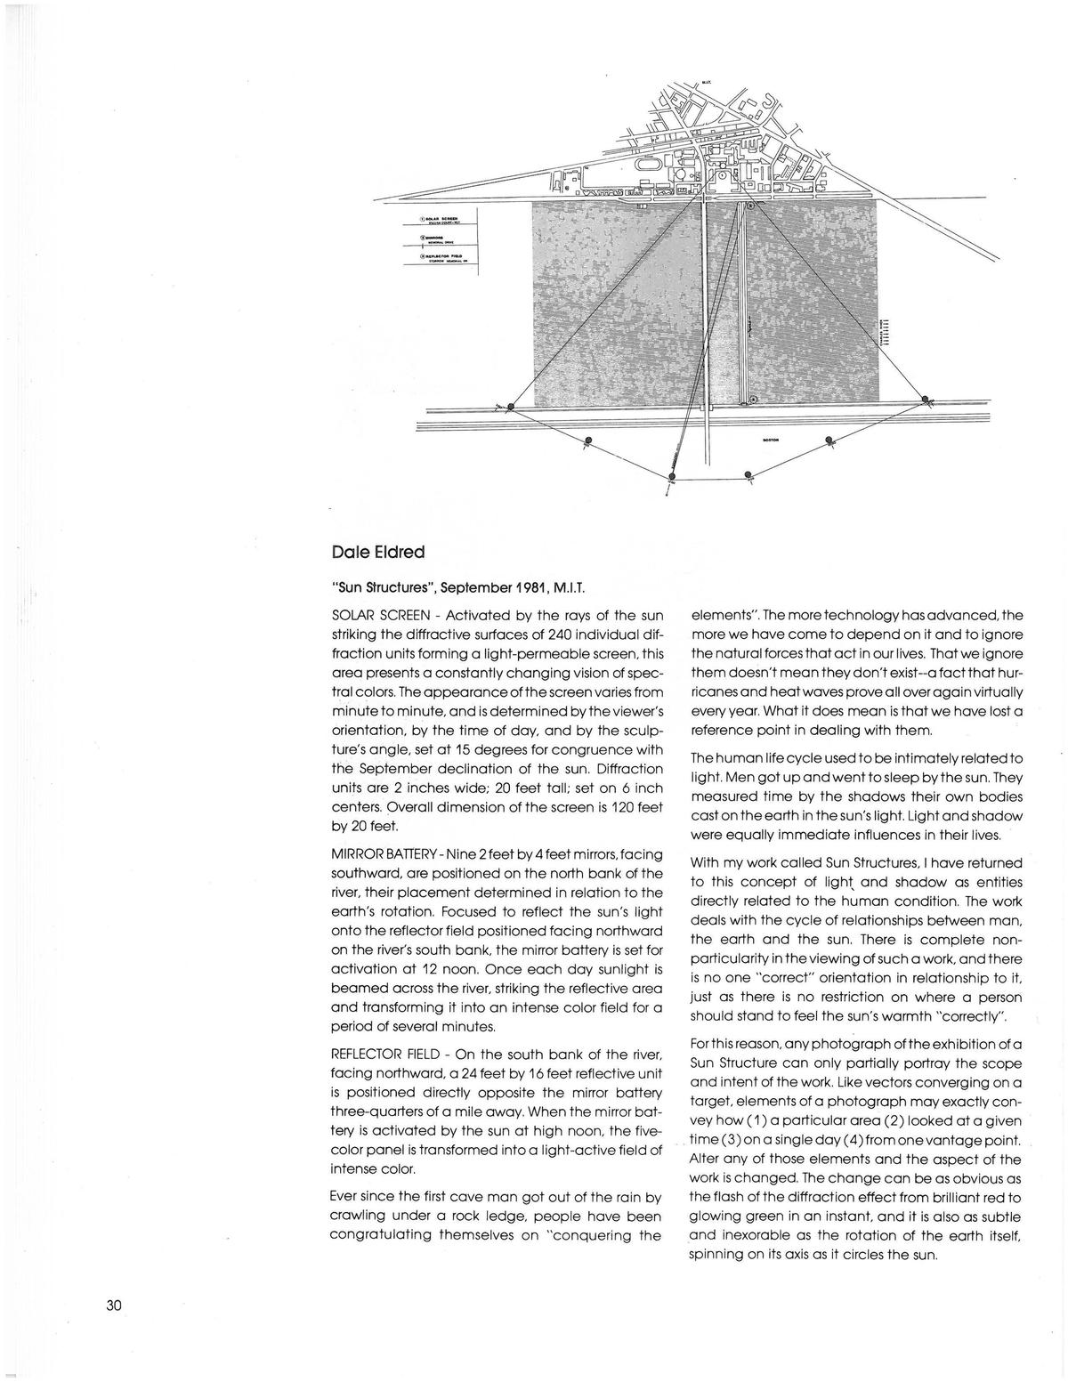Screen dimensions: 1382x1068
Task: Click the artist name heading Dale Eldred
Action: click(x=377, y=553)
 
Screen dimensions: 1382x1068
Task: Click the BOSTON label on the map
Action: click(x=772, y=440)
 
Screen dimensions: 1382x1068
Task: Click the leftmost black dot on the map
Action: click(x=510, y=408)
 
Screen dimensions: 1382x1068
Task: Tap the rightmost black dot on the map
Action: click(x=926, y=399)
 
